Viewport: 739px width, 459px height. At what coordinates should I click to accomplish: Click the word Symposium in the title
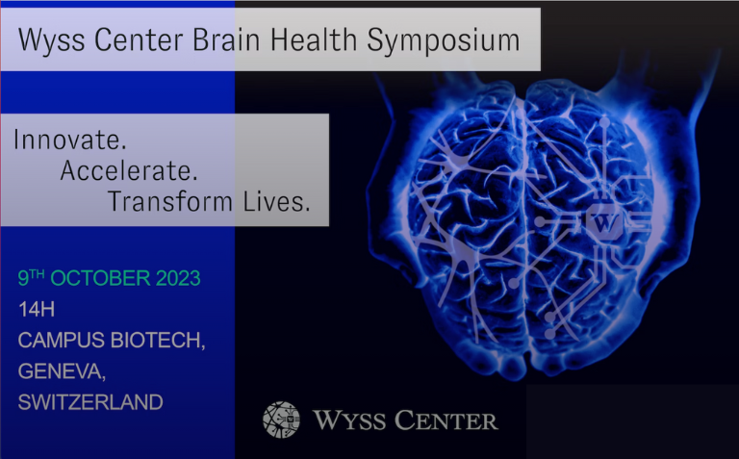pos(444,41)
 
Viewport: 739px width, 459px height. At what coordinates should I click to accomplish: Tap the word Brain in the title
pos(226,39)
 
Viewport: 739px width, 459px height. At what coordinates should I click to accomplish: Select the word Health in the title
pos(314,39)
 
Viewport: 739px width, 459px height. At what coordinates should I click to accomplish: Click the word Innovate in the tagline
pos(69,140)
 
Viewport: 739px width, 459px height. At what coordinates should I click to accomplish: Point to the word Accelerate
pos(129,170)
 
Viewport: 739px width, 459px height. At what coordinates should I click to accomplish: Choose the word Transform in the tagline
pos(170,201)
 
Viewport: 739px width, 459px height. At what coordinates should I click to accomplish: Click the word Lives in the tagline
pos(277,201)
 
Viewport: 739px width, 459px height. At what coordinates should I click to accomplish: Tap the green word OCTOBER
pos(100,278)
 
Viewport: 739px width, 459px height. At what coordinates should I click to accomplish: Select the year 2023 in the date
pos(178,278)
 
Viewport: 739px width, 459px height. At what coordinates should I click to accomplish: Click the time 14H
pos(37,310)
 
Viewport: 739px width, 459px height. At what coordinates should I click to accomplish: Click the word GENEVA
pos(62,371)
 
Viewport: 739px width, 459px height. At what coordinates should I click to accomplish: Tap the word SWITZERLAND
pos(90,402)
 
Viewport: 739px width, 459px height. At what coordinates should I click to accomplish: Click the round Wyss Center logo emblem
pos(281,420)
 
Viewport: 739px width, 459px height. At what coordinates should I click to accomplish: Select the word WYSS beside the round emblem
pos(348,420)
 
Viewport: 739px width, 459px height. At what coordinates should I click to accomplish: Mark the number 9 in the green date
pos(23,278)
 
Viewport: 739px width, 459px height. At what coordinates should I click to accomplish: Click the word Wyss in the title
pos(51,40)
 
